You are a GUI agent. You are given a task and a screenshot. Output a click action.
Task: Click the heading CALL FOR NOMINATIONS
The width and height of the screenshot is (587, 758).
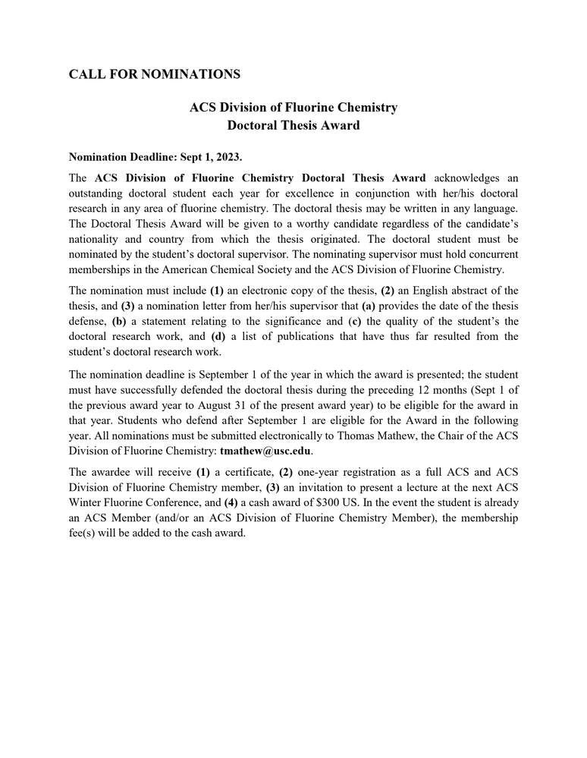[155, 74]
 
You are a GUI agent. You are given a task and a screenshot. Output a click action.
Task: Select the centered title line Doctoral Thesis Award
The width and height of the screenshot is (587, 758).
[293, 126]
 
